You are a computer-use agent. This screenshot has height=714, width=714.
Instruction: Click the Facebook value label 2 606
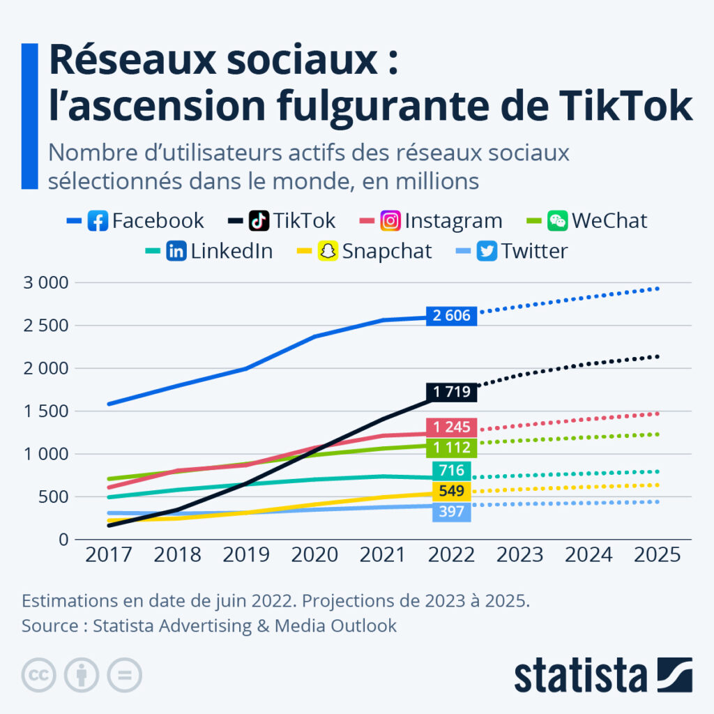[x=452, y=316]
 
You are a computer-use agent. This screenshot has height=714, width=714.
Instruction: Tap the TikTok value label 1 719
[x=452, y=392]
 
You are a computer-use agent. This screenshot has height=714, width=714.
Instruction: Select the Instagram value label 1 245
[x=452, y=427]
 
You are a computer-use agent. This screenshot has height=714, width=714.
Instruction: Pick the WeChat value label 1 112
[x=452, y=448]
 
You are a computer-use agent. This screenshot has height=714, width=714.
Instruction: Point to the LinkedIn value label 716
[x=452, y=470]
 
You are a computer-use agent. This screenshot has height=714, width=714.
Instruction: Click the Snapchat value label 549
[x=452, y=491]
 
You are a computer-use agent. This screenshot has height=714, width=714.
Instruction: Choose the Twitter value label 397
[x=452, y=512]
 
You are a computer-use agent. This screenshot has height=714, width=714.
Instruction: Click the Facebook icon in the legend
[x=98, y=221]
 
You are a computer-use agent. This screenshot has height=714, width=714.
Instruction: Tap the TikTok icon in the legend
[x=259, y=221]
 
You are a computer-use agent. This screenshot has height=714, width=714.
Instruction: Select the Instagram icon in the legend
[x=390, y=221]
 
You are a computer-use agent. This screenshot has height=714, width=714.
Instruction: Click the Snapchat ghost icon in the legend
[x=328, y=251]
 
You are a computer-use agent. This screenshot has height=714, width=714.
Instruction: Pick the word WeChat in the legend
[x=609, y=221]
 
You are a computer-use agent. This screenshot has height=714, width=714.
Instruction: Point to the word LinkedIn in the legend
[x=231, y=251]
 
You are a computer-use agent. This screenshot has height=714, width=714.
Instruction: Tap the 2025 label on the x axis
[x=657, y=554]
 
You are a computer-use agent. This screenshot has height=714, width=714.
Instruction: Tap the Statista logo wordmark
[x=580, y=675]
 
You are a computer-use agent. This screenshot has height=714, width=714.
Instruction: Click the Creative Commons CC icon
[x=40, y=675]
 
